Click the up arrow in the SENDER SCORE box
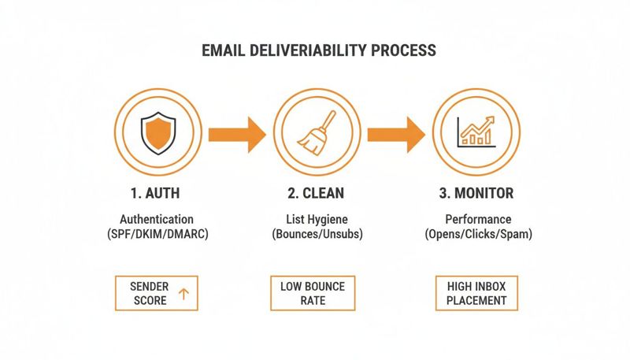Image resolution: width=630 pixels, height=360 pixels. (183, 294)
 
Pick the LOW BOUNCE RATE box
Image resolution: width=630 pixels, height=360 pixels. (313, 293)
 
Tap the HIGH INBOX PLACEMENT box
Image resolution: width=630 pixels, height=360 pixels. (476, 293)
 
